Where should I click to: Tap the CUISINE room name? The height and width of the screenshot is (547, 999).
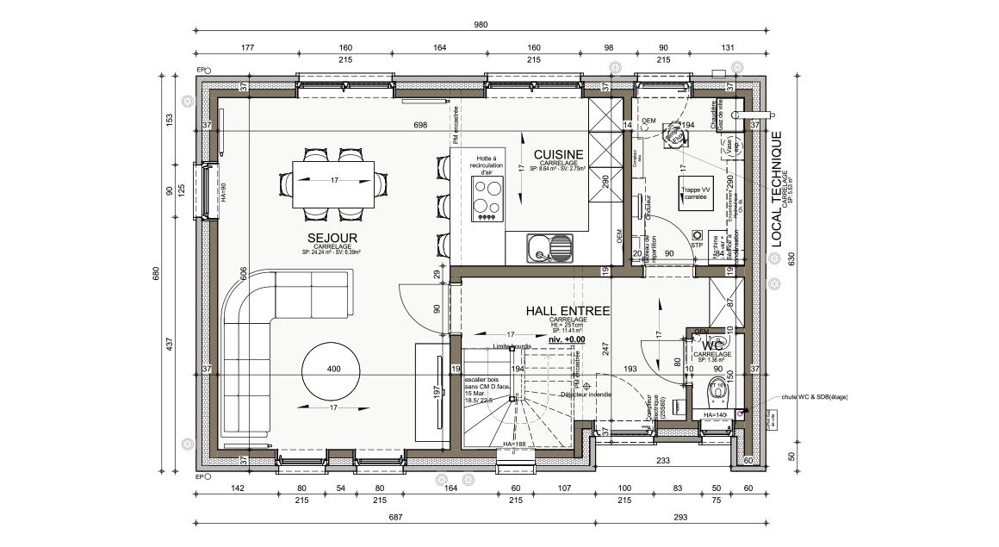tap(558, 155)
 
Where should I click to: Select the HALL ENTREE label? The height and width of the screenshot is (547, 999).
tap(568, 311)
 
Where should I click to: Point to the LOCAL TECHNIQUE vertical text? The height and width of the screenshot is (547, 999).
tap(776, 190)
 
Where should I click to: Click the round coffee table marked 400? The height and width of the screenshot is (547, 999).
tap(332, 369)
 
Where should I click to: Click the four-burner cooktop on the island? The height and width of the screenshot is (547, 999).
tap(487, 199)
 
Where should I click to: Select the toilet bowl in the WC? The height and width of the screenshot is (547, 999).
tap(716, 393)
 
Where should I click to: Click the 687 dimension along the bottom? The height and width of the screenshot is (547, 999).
tap(396, 517)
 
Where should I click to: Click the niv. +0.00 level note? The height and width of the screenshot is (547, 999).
tap(567, 340)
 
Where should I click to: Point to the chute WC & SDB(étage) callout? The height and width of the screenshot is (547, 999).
tap(815, 397)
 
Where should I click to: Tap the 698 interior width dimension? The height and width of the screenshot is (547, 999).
tap(420, 126)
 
